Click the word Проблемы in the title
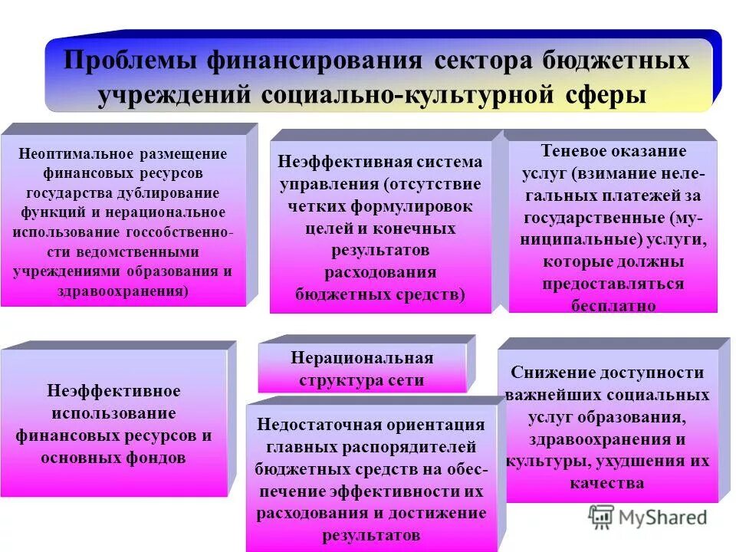click(127, 62)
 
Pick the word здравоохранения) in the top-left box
click(122, 291)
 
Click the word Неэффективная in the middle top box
click(330, 163)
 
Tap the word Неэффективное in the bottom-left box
click(114, 391)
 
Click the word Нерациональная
click(362, 359)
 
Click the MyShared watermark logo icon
click(601, 516)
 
